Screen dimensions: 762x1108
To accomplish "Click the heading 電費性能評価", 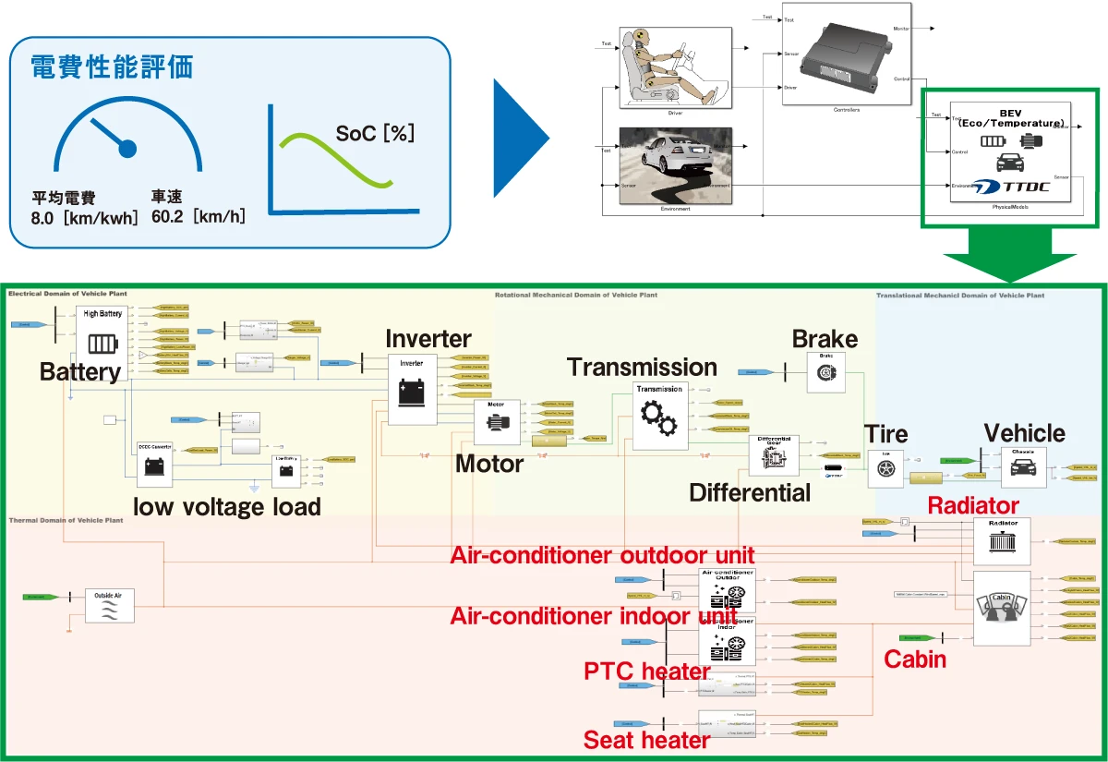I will (112, 67).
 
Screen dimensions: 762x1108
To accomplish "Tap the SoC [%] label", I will (375, 133).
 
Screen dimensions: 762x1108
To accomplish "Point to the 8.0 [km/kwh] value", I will (84, 219).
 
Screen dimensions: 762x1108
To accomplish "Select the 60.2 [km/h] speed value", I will (198, 219).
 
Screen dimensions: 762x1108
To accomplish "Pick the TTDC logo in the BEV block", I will (1015, 186).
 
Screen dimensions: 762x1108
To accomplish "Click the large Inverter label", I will (428, 339).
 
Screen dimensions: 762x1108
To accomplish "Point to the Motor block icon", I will (497, 423).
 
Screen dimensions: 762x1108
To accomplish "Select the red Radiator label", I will (973, 505).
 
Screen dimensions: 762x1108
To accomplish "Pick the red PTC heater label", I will (646, 671).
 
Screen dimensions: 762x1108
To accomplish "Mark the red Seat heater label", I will (646, 740).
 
